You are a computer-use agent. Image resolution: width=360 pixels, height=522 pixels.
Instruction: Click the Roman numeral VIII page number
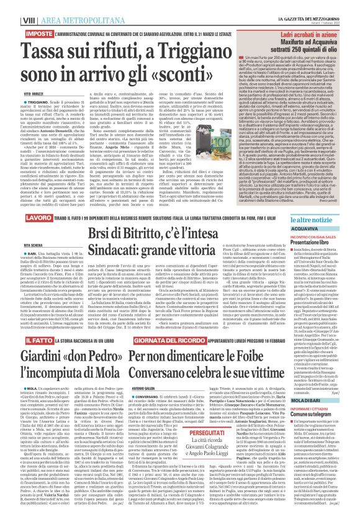[12, 6]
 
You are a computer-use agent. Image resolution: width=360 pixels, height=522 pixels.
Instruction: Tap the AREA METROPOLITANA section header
[55, 6]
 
